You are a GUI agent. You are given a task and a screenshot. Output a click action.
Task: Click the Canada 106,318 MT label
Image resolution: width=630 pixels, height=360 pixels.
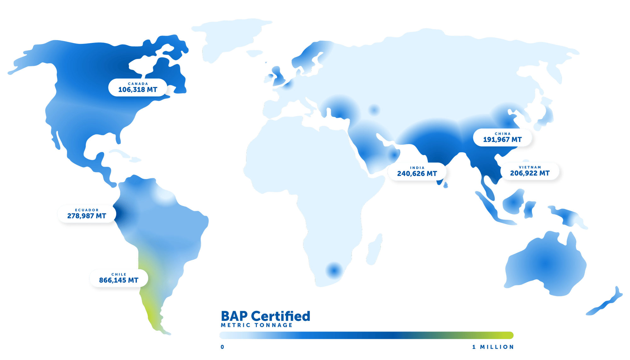click(x=138, y=87)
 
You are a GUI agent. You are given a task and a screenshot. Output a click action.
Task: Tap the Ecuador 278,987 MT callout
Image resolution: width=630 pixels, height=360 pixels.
click(x=87, y=214)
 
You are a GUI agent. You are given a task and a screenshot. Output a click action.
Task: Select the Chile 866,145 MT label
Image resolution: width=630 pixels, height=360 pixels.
click(x=119, y=278)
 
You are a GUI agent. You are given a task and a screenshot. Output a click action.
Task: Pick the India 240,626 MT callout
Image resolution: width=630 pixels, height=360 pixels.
click(x=417, y=171)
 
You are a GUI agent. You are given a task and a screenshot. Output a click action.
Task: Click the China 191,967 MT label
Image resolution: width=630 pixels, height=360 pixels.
click(x=502, y=137)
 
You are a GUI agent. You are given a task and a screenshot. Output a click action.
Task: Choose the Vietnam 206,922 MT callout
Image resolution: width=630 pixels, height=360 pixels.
click(x=530, y=171)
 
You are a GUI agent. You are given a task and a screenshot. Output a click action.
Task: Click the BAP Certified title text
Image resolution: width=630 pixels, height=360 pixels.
click(x=266, y=316)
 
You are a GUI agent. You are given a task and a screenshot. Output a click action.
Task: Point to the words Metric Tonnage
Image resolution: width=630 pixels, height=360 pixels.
click(x=257, y=325)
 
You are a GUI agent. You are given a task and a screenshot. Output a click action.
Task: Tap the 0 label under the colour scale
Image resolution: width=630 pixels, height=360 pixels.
click(x=223, y=347)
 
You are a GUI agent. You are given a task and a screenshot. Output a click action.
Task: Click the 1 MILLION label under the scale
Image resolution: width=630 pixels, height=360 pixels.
click(x=493, y=347)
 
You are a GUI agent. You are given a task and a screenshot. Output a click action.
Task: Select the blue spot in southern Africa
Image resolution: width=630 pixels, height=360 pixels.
click(x=334, y=270)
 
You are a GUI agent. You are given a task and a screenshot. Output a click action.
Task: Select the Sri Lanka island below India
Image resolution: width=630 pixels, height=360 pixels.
click(x=445, y=185)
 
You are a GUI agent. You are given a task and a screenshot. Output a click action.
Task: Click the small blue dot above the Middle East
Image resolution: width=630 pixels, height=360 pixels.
click(x=374, y=110)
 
